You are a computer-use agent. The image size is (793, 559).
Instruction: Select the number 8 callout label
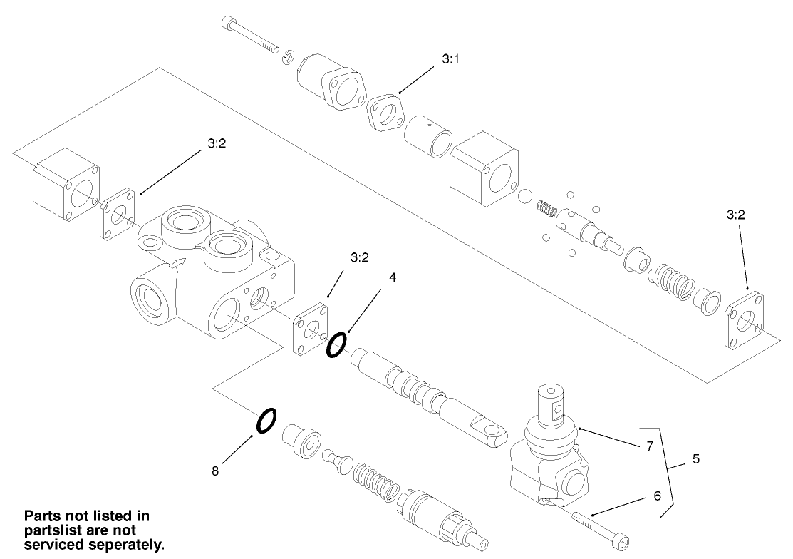coord(215,471)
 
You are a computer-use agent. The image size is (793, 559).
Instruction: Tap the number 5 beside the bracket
coord(695,460)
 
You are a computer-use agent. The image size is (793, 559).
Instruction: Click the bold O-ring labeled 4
coord(336,344)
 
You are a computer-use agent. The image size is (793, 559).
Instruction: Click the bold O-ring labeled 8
coord(265,421)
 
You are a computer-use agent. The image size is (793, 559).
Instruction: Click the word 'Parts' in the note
coord(43,516)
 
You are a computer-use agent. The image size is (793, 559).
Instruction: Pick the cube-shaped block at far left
coord(66,185)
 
